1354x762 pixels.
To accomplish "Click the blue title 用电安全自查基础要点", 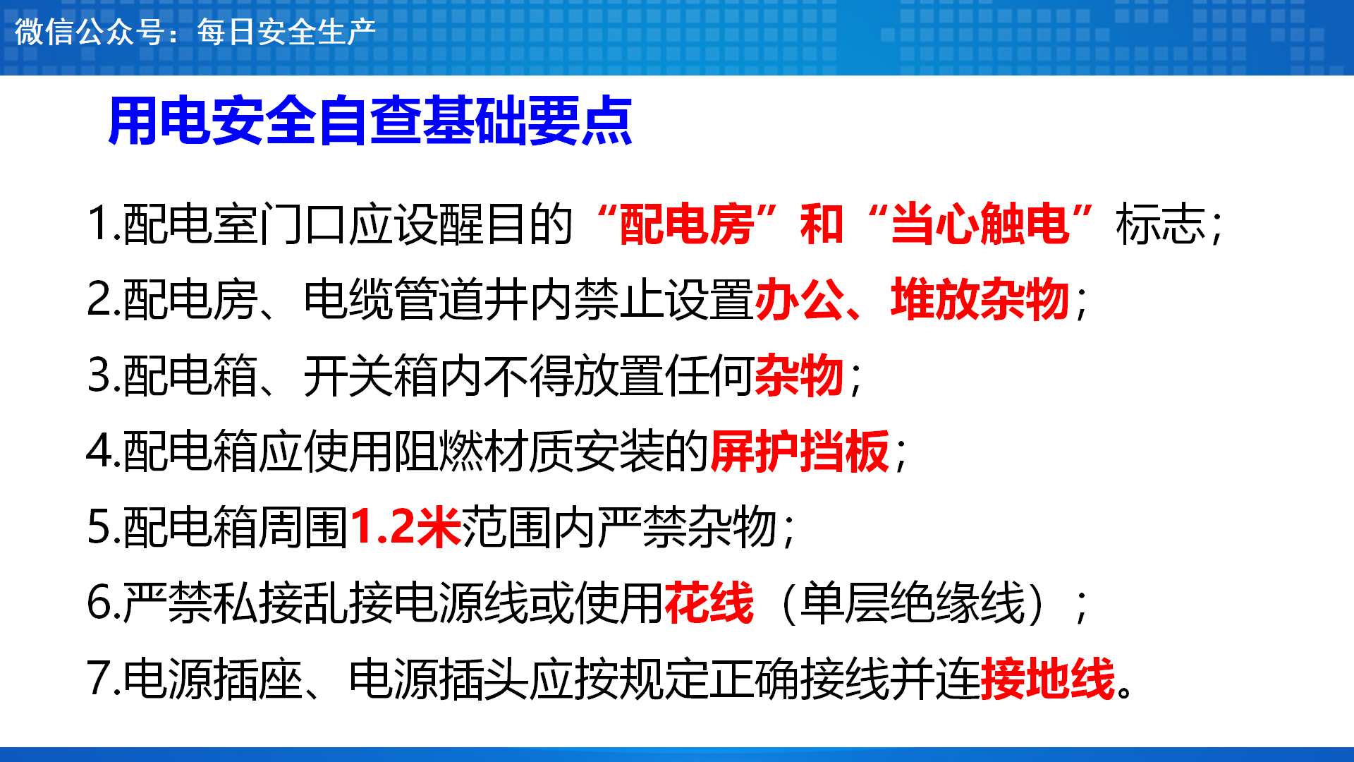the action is (x=370, y=121).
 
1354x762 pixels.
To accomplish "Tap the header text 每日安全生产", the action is (x=286, y=32).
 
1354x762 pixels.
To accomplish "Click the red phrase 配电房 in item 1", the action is (x=687, y=224).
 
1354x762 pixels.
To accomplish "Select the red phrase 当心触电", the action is (x=981, y=224).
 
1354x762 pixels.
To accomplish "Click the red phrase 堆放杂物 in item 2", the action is (x=980, y=299).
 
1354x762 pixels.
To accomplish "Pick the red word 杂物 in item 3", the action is (x=800, y=375).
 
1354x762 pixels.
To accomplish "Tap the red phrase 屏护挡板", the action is (x=800, y=451).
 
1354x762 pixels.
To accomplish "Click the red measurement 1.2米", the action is (x=405, y=526).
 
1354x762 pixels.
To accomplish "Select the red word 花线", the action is (x=709, y=603).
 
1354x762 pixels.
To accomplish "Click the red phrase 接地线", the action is (x=1048, y=678).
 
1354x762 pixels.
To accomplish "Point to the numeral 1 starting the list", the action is (x=97, y=224).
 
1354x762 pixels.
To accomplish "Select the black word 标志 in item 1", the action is (x=1161, y=224).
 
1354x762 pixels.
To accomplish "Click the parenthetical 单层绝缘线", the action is (x=913, y=603).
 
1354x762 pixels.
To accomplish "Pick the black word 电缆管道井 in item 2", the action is (x=416, y=299).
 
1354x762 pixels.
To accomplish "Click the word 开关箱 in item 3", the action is (x=371, y=375).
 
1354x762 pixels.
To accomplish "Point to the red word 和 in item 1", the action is (x=822, y=224).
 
